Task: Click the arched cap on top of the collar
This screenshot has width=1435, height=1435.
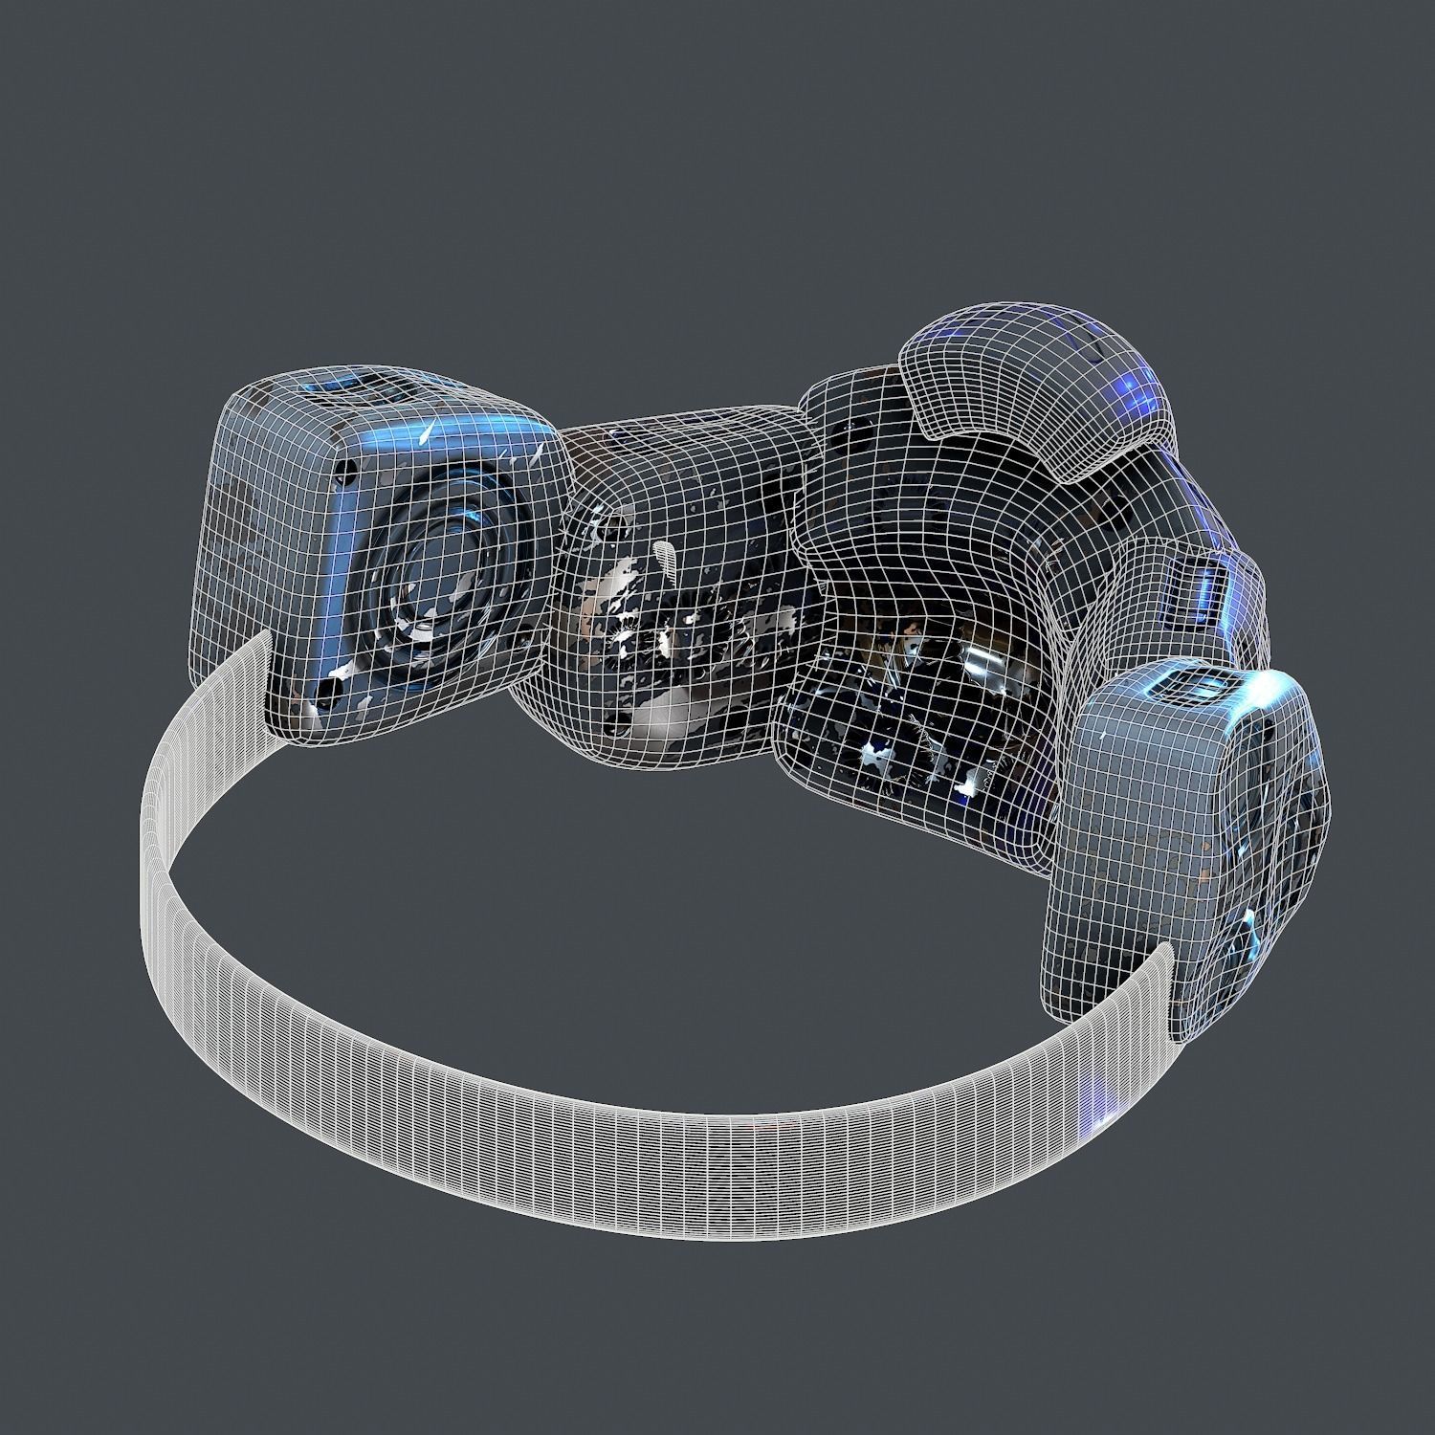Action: (x=1033, y=392)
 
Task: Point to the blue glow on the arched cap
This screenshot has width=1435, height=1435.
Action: (x=1134, y=387)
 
